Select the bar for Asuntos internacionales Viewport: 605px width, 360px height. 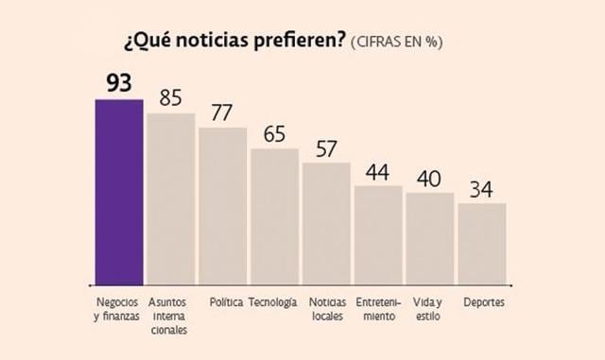(171, 197)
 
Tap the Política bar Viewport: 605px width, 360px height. (223, 205)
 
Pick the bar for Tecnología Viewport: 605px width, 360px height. (274, 215)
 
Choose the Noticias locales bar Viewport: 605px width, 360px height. (326, 223)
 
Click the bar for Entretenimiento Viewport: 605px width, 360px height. (378, 234)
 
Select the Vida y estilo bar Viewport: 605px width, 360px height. (430, 238)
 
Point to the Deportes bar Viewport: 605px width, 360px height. (482, 243)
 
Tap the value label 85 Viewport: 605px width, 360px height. (171, 97)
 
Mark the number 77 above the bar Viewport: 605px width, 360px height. (223, 112)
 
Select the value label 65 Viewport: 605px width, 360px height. (274, 133)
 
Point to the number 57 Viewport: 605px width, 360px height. (326, 147)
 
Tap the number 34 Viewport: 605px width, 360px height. (482, 189)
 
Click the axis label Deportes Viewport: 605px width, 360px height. (483, 302)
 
